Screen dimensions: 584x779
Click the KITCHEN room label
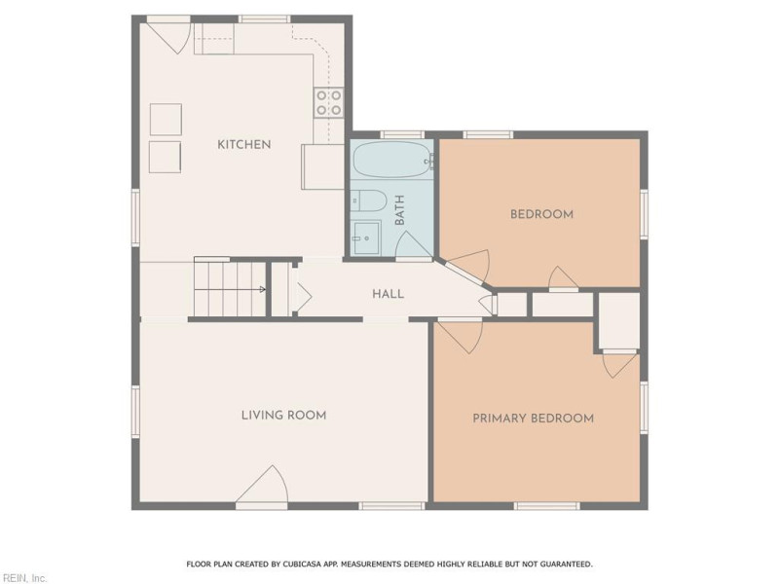pyautogui.click(x=243, y=144)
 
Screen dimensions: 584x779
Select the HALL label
pyautogui.click(x=388, y=294)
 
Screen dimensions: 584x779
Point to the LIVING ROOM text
pyautogui.click(x=283, y=416)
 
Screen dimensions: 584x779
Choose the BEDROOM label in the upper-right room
pyautogui.click(x=541, y=214)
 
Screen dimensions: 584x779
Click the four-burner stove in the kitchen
pyautogui.click(x=328, y=102)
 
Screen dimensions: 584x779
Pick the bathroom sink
pyautogui.click(x=366, y=236)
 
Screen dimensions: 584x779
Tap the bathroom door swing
pyautogui.click(x=414, y=245)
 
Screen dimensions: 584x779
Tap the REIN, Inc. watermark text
pyautogui.click(x=24, y=578)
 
